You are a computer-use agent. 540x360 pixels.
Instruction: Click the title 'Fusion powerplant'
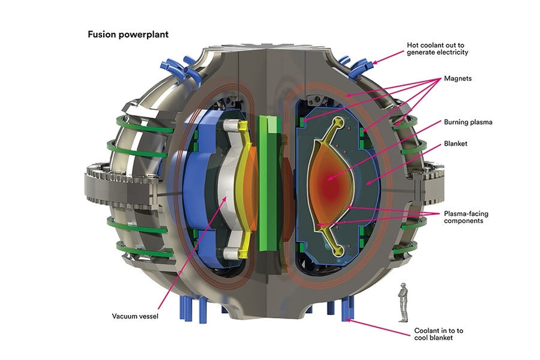click(128, 34)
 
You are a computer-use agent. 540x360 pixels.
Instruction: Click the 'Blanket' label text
click(455, 144)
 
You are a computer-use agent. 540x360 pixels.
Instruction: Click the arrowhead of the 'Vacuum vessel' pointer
click(226, 202)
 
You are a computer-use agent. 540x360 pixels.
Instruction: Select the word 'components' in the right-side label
click(464, 221)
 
